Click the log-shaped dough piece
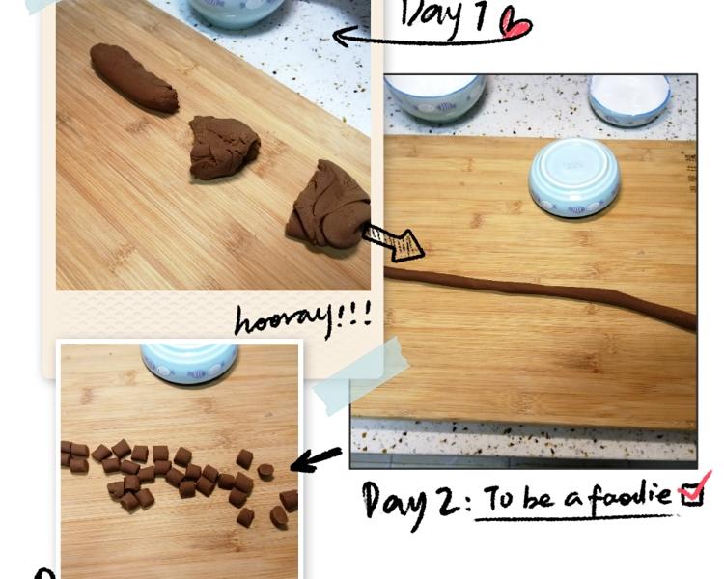tap(133, 77)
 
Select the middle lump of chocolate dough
tap(224, 148)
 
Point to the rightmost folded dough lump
tap(329, 204)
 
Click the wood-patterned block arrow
tap(394, 241)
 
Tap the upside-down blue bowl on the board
tap(574, 179)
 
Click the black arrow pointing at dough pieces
tap(316, 459)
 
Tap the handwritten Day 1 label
tap(443, 16)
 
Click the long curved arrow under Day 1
tap(430, 41)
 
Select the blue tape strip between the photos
tap(360, 375)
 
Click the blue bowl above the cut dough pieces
tap(189, 363)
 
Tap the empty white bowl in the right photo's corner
tap(628, 99)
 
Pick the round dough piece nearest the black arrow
tap(265, 472)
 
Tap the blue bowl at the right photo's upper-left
tap(434, 97)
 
